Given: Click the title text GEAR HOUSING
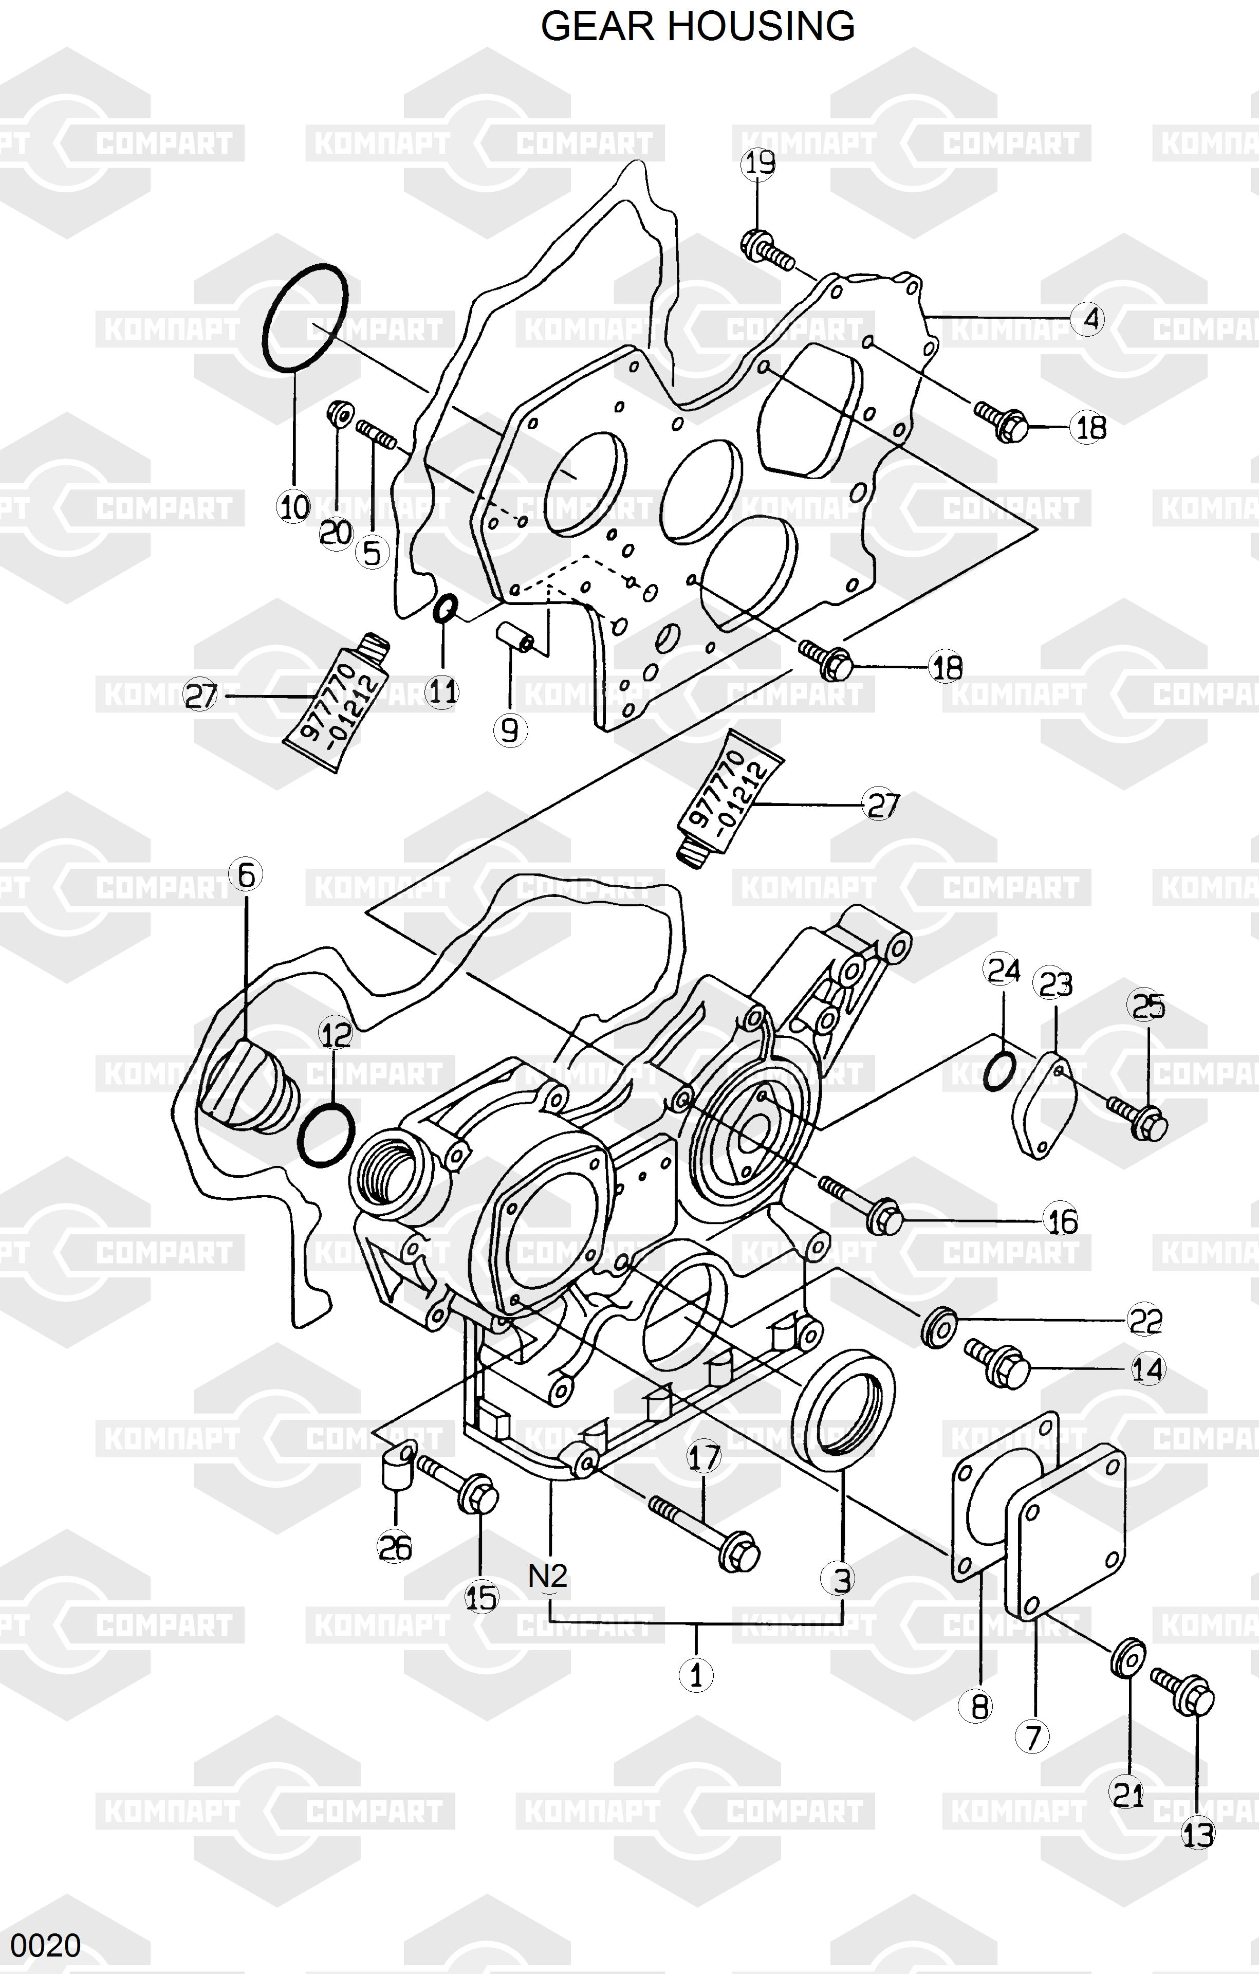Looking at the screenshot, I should pos(697,27).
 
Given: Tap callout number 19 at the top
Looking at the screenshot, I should pos(757,164).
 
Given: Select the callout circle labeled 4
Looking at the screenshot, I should pos(1088,318).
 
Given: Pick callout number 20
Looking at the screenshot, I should pos(335,534).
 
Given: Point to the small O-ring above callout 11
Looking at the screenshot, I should pos(445,609).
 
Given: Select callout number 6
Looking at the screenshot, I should pos(246,875).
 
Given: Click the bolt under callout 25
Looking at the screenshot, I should pos(1139,1119).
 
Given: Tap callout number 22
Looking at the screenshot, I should pos(1145,1321).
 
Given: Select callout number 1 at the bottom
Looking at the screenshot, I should pos(696,1675).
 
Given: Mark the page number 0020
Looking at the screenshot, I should pos(46,1945).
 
